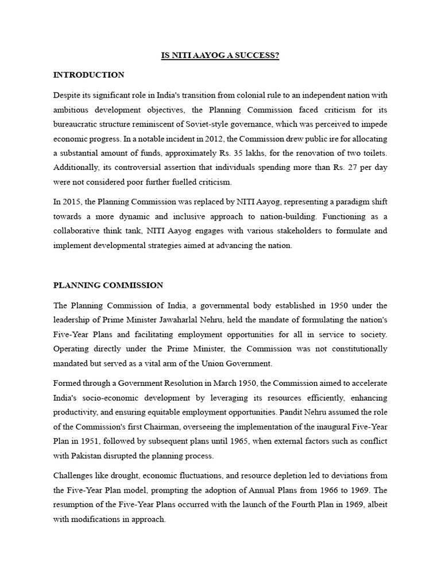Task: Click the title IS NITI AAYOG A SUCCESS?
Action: [x=219, y=56]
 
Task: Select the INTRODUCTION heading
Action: [x=88, y=75]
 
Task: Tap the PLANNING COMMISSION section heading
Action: [x=108, y=285]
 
